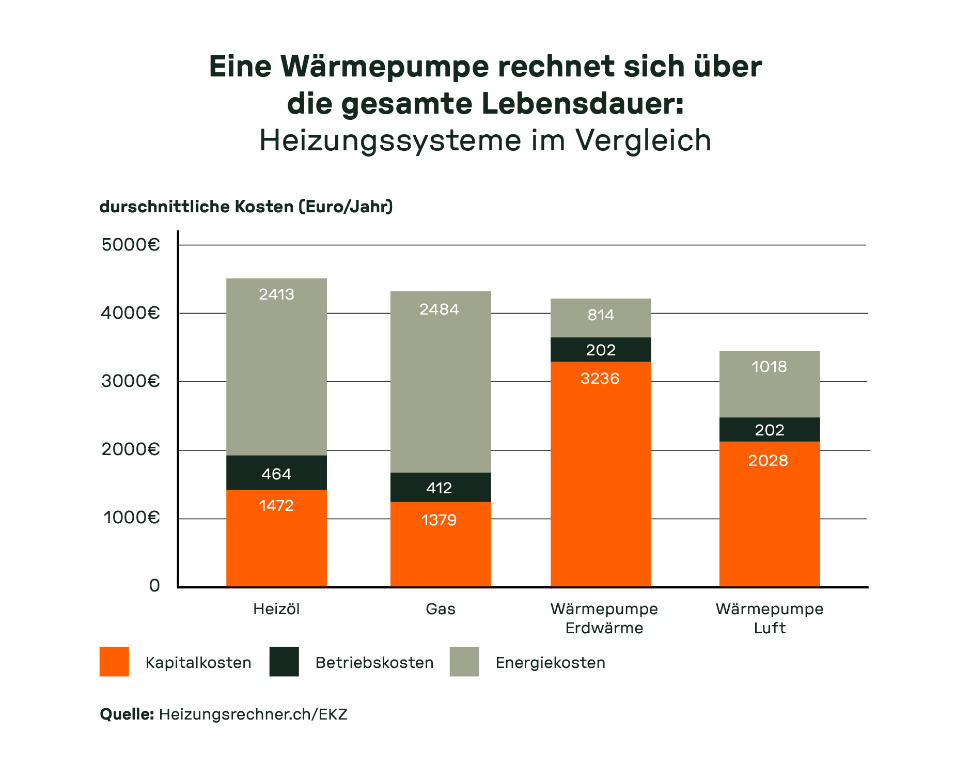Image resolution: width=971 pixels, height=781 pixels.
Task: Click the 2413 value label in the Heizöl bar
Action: point(276,294)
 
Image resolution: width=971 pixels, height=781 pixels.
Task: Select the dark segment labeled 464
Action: point(276,473)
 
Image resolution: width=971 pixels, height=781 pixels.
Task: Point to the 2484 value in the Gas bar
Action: point(439,309)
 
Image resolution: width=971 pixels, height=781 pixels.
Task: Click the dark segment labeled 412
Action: point(440,488)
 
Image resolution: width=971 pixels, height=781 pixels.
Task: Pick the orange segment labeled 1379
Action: point(440,545)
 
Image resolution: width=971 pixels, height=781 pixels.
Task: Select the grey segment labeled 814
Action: point(601,317)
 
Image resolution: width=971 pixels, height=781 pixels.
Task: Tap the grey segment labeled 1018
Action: point(770,384)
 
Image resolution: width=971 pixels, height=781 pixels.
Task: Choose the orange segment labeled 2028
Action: point(770,514)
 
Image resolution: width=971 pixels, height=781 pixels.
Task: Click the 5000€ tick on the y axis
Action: point(131,244)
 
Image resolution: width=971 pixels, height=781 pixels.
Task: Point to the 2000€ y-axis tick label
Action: point(131,449)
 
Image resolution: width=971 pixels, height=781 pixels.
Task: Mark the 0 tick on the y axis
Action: point(154,586)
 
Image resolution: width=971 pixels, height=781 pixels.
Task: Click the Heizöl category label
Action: point(276,609)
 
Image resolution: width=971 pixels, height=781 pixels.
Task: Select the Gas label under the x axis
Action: point(441,609)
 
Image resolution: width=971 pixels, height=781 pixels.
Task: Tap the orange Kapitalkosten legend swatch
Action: point(114,662)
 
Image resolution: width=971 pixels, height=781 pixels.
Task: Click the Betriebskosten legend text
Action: point(374,663)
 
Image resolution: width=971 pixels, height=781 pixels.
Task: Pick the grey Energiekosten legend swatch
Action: point(464,662)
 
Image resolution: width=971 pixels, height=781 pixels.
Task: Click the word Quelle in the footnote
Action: point(127,714)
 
